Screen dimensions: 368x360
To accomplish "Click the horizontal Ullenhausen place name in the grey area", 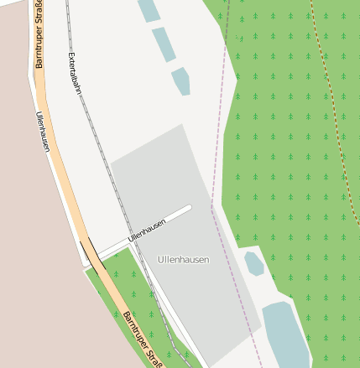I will pyautogui.click(x=183, y=260).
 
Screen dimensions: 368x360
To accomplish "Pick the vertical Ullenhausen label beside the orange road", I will pyautogui.click(x=43, y=132).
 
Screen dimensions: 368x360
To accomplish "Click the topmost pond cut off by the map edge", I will pyautogui.click(x=149, y=9).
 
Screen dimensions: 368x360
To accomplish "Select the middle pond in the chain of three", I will pyautogui.click(x=164, y=44).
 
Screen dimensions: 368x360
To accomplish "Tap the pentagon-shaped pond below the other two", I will pyautogui.click(x=180, y=81).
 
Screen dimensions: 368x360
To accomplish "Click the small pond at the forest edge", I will pyautogui.click(x=253, y=263).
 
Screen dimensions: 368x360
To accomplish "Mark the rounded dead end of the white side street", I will pyautogui.click(x=189, y=208).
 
